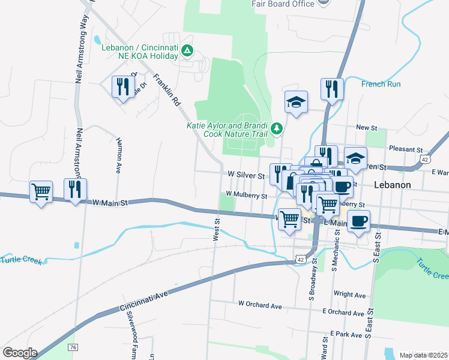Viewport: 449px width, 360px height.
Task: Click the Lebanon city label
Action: (392, 185)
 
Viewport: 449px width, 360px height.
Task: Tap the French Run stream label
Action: (381, 84)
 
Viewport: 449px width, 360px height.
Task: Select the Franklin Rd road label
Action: (167, 90)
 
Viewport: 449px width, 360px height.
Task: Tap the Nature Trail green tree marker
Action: (276, 128)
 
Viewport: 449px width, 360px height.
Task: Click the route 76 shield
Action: (73, 347)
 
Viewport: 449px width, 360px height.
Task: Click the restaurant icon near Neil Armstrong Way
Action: (75, 190)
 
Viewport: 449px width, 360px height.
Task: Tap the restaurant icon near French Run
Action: (332, 89)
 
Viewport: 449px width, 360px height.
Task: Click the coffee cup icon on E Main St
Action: (358, 221)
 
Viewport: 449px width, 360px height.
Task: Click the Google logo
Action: (19, 353)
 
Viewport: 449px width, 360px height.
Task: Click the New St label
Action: (366, 128)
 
